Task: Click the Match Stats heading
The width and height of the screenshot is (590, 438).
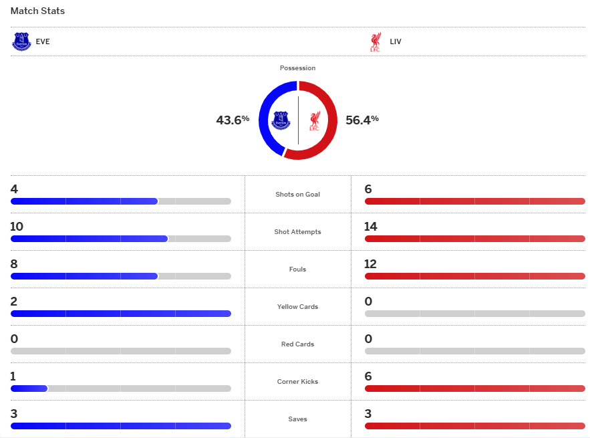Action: (37, 11)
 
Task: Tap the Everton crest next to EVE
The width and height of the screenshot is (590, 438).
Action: (21, 41)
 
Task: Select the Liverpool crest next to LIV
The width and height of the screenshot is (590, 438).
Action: (376, 41)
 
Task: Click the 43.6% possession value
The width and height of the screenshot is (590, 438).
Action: (232, 120)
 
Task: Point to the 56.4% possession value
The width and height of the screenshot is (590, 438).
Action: (361, 120)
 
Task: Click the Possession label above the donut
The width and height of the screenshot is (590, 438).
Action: (297, 68)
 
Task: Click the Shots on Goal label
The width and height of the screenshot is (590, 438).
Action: (297, 195)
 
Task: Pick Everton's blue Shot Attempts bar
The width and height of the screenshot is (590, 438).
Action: (89, 239)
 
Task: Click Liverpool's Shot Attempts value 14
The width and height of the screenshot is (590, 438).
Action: (371, 227)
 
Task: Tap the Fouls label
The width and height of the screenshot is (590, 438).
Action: (297, 269)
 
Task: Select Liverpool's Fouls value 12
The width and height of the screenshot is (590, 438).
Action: (371, 264)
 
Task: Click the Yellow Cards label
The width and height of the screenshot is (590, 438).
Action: (297, 307)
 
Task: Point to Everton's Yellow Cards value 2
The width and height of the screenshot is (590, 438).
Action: (14, 302)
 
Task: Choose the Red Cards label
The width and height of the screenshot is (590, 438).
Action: (297, 344)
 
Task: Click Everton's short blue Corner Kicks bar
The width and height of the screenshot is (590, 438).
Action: (29, 389)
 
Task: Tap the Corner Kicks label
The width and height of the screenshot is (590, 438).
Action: (297, 382)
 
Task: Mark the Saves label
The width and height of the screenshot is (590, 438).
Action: (297, 419)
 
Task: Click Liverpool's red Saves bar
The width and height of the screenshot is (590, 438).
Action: (474, 426)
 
